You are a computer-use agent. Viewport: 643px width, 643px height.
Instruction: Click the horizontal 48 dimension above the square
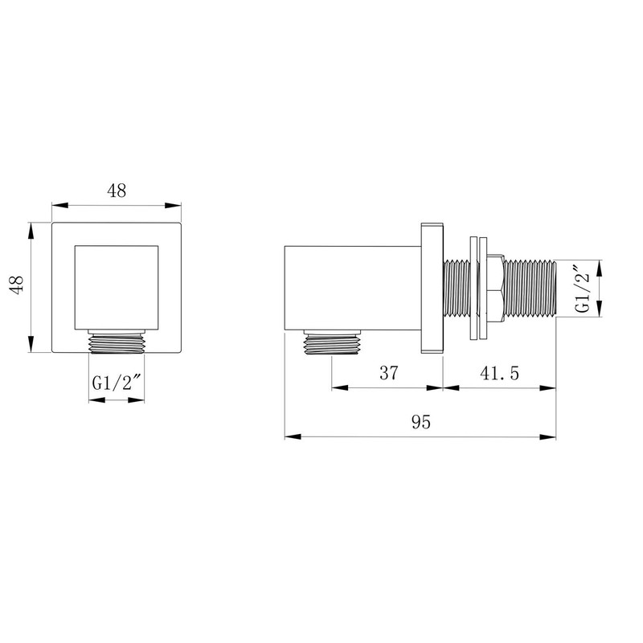[x=117, y=190]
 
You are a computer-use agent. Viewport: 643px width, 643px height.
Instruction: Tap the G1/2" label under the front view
[x=117, y=383]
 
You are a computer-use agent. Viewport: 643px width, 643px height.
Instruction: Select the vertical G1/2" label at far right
[x=582, y=289]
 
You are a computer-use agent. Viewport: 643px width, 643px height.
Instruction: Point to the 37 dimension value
[x=388, y=373]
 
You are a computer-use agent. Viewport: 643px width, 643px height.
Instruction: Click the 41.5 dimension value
[x=499, y=373]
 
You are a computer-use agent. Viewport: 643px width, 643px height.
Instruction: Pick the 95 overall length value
[x=421, y=422]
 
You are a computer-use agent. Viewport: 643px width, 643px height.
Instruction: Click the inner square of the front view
[x=117, y=288]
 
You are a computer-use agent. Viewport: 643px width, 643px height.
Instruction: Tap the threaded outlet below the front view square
[x=117, y=342]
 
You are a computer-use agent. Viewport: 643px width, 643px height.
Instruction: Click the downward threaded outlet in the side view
[x=332, y=342]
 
